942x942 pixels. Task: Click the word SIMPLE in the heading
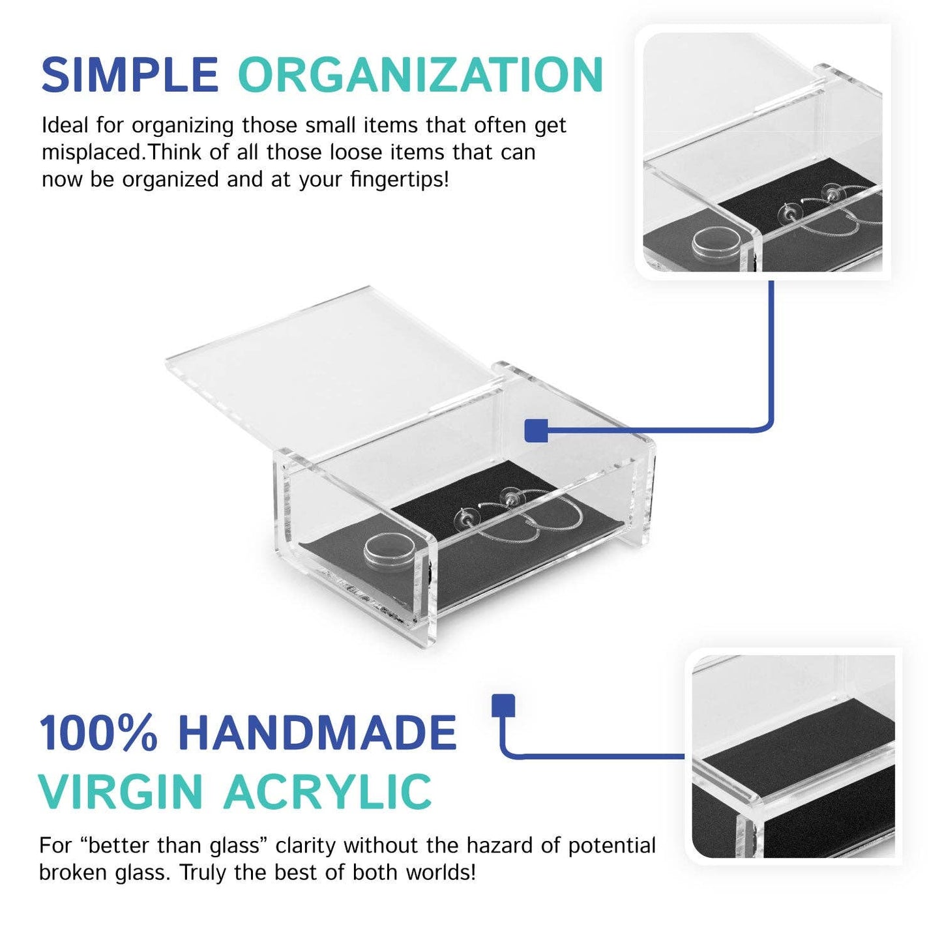pyautogui.click(x=130, y=75)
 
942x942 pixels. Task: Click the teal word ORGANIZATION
pyautogui.click(x=420, y=75)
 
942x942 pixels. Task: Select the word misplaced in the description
pyautogui.click(x=92, y=153)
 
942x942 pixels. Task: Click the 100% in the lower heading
pyautogui.click(x=98, y=733)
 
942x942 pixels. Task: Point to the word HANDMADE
pyautogui.click(x=317, y=733)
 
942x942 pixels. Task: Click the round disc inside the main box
pyautogui.click(x=390, y=551)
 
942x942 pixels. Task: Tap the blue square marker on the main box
pyautogui.click(x=536, y=430)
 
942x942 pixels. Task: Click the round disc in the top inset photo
pyautogui.click(x=715, y=243)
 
